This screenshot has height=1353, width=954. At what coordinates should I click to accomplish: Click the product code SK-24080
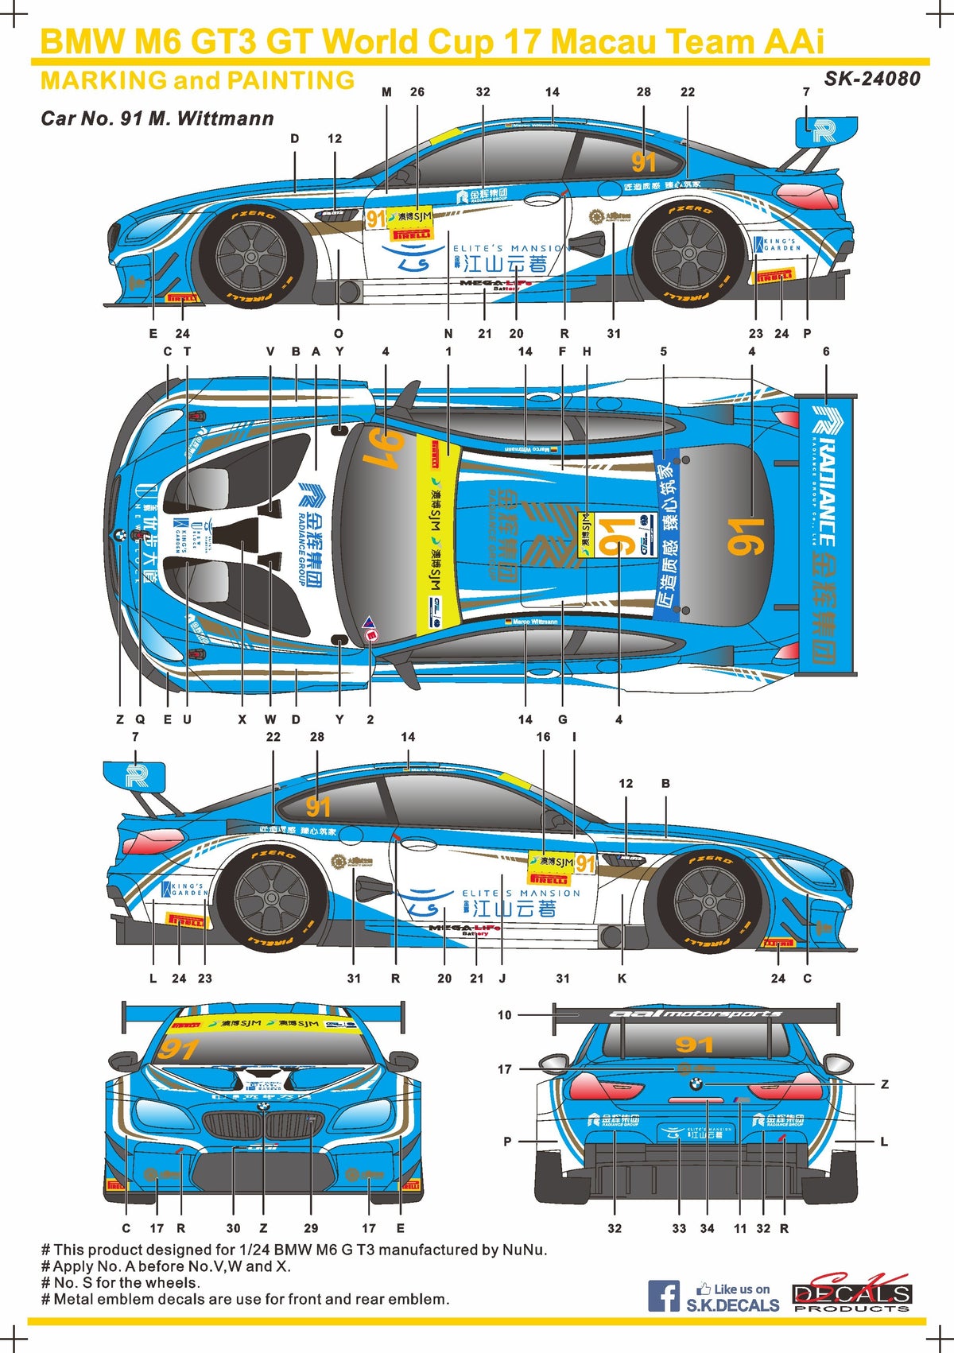(872, 79)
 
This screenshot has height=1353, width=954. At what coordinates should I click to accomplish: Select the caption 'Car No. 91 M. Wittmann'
(157, 118)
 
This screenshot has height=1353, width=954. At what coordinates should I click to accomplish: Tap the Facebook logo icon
(663, 1296)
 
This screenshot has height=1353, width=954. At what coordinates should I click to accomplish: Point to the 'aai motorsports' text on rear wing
(696, 1014)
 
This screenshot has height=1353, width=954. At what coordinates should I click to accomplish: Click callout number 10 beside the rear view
(505, 1015)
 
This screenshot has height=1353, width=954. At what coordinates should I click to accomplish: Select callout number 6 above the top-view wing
(826, 351)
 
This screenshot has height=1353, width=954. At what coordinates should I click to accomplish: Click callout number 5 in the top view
(663, 351)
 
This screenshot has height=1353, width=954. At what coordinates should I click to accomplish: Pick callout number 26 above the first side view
(417, 92)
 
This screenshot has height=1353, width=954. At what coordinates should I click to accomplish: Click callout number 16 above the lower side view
(543, 737)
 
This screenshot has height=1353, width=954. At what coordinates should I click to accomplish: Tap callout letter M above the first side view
(387, 92)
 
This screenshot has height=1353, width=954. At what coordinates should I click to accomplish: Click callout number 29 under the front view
(311, 1228)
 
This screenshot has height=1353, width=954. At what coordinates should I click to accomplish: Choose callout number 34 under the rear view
(707, 1228)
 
